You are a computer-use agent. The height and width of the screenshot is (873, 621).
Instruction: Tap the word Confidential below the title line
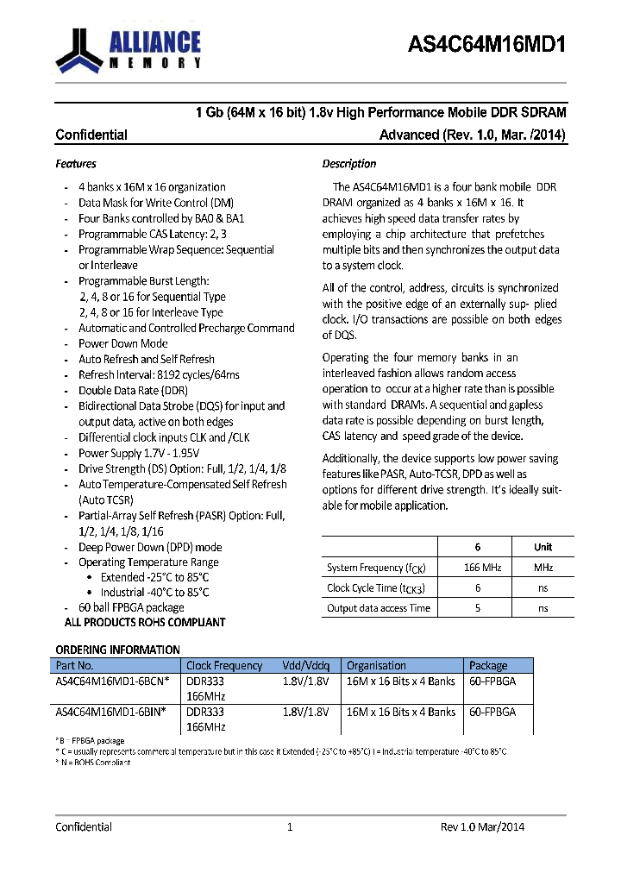91,135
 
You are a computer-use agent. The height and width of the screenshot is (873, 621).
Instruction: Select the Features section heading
76,164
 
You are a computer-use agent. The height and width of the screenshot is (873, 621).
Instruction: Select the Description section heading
349,164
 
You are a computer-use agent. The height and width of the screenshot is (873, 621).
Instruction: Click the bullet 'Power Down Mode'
122,343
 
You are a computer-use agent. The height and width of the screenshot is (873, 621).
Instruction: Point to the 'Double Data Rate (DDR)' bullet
133,390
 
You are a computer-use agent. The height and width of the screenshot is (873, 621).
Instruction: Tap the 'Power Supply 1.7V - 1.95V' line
139,453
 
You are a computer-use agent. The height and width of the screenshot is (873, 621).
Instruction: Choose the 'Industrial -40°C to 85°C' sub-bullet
154,593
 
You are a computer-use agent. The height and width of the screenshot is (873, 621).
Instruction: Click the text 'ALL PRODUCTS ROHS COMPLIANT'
145,622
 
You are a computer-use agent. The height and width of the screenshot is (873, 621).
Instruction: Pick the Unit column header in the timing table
543,547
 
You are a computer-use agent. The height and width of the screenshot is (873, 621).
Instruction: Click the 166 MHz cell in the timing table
477,568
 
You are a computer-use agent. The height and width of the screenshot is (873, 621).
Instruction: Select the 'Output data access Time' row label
378,608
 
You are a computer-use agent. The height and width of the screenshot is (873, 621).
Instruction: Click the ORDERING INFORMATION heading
118,650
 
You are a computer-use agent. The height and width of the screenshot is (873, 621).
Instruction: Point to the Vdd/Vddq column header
305,666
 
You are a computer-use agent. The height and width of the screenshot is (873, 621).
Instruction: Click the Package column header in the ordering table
488,666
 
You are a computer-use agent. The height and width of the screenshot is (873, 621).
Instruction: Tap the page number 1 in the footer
290,826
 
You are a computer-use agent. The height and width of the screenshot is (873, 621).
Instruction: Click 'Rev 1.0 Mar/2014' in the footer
482,826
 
